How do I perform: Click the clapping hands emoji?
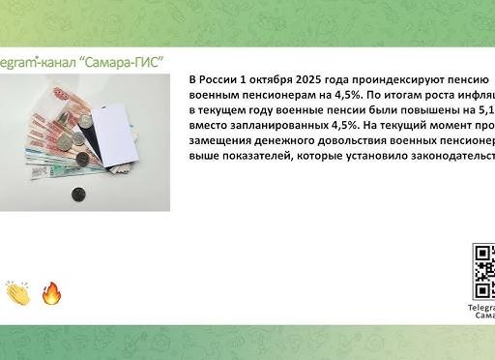pyautogui.click(x=18, y=292)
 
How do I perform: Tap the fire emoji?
pyautogui.click(x=51, y=292)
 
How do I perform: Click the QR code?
pyautogui.click(x=484, y=272)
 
